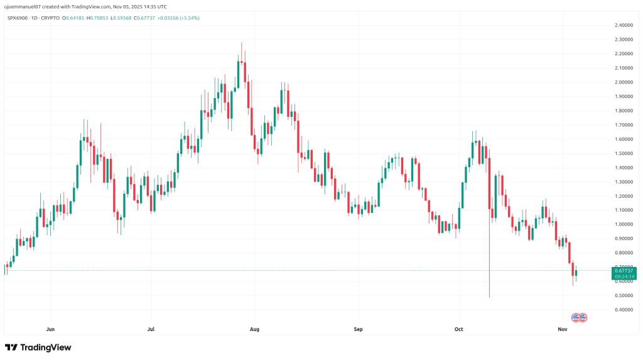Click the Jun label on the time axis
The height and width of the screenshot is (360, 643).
tap(51, 329)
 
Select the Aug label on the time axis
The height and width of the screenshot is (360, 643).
tap(254, 329)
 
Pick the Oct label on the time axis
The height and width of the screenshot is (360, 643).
tap(459, 329)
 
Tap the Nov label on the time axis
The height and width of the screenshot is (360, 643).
tap(563, 329)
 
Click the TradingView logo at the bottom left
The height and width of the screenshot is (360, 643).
tap(38, 347)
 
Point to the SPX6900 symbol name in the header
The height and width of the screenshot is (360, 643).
tap(17, 18)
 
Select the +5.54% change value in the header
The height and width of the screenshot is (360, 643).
tap(187, 18)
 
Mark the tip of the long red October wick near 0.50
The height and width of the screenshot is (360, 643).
tap(489, 297)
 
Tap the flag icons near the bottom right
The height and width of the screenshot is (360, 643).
tap(578, 318)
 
